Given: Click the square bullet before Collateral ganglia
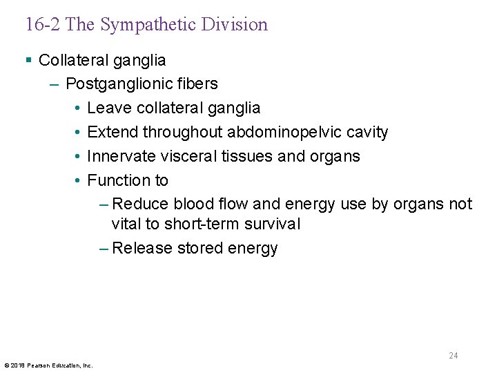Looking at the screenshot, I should (28, 60).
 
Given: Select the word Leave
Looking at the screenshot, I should (110, 108).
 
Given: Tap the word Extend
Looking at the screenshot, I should (113, 132).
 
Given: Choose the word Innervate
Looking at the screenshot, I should (120, 156).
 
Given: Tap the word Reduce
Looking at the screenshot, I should (140, 204).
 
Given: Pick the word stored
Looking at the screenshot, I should (199, 249).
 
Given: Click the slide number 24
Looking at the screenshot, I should (454, 356).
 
